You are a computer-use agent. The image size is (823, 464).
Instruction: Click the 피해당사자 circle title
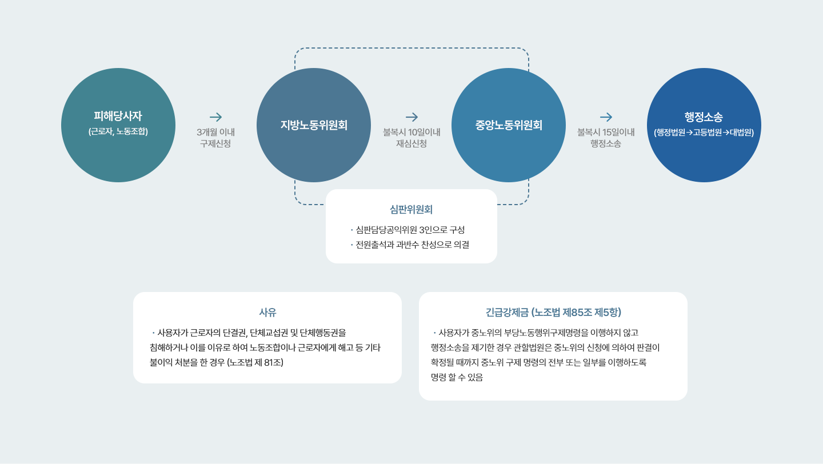click(118, 116)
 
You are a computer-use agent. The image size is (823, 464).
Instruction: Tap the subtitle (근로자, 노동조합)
click(118, 131)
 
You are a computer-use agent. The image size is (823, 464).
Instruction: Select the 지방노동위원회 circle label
click(314, 125)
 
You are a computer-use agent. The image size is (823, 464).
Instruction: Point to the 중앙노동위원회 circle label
click(509, 125)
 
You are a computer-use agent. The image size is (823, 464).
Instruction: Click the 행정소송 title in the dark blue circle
click(704, 117)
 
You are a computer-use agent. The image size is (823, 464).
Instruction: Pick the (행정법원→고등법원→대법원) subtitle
click(704, 132)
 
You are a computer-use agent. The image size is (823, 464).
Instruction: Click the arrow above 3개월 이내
click(215, 117)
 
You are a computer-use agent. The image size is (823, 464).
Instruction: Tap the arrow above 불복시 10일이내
click(412, 117)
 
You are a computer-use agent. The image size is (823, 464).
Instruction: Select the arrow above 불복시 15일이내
click(606, 117)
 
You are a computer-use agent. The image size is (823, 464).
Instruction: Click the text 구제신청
click(215, 143)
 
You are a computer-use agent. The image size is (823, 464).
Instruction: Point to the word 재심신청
click(411, 143)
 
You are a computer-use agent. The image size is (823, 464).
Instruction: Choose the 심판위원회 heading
click(411, 210)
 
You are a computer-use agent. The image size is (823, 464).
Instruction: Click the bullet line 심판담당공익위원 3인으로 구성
click(408, 230)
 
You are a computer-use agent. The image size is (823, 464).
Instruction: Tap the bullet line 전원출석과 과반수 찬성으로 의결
click(410, 245)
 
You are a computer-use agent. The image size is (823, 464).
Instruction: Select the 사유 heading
click(267, 312)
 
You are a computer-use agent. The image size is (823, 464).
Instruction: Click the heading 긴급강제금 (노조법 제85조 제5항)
click(553, 312)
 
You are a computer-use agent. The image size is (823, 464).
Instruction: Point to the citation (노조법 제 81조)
click(255, 363)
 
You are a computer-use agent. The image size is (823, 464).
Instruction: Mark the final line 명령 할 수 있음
click(457, 377)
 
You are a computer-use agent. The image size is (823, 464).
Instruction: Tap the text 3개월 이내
click(215, 132)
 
